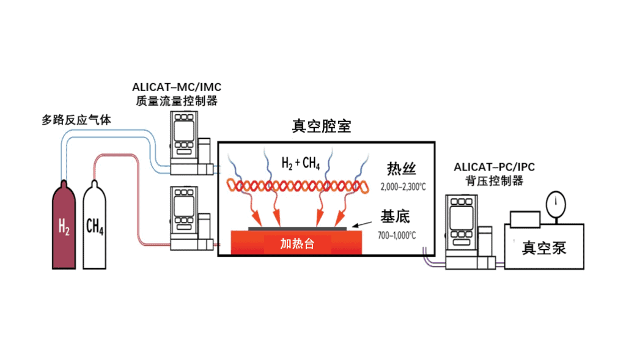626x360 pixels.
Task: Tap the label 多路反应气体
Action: (x=76, y=120)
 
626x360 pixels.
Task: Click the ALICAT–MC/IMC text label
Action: (x=177, y=87)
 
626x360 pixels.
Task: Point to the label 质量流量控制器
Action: (x=177, y=101)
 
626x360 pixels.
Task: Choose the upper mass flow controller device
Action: (x=191, y=143)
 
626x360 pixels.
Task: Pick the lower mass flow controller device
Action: (x=191, y=218)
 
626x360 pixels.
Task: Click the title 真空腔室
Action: (x=322, y=126)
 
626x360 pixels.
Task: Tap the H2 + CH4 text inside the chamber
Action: (x=301, y=163)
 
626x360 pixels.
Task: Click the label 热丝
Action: (x=401, y=169)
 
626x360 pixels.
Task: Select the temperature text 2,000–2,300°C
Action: (x=403, y=187)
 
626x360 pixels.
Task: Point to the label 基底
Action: (x=396, y=216)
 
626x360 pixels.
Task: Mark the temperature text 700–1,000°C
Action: (x=397, y=235)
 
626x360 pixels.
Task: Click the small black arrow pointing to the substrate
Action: (x=362, y=225)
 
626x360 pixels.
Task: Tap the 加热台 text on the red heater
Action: (x=297, y=243)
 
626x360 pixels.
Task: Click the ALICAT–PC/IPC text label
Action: (x=494, y=167)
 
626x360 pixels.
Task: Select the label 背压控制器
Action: (x=494, y=181)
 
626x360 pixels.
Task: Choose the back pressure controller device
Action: (x=470, y=232)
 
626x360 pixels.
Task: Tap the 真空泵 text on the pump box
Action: (x=544, y=248)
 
